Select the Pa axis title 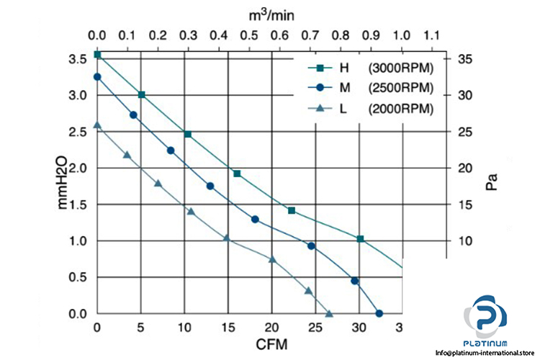[492, 181]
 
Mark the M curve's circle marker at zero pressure [379, 313]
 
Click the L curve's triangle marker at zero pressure [329, 313]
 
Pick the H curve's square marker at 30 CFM [360, 239]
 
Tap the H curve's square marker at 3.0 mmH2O [141, 94]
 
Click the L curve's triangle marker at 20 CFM [272, 259]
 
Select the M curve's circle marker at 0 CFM [97, 76]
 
